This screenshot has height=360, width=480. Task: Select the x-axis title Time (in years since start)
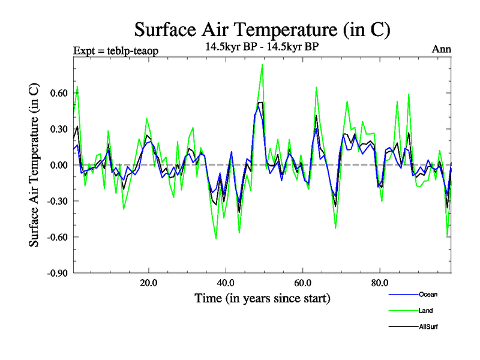(x=262, y=298)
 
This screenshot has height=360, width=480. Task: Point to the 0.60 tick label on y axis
(x=56, y=93)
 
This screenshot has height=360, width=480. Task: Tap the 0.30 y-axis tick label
(x=56, y=129)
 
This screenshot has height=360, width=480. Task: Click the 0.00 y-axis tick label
(x=56, y=165)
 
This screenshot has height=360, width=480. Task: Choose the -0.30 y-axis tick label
(x=55, y=201)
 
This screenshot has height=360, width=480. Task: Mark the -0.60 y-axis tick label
(x=55, y=237)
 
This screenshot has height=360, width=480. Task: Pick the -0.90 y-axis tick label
(x=55, y=273)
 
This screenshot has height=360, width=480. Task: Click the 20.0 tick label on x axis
(x=148, y=283)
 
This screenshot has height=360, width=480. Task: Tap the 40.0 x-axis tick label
(x=225, y=283)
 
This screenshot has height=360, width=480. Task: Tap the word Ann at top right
(x=442, y=49)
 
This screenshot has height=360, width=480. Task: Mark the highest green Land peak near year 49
(x=262, y=65)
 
